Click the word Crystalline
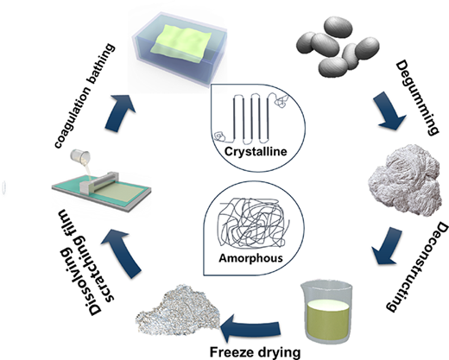pos(256,151)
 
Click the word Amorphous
pos(250,257)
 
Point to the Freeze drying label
pos(255,352)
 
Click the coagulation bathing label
pos(85,96)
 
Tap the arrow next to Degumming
pos(390,111)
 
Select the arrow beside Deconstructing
pos(386,246)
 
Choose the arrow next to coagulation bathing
pos(118,112)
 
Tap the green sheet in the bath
pos(181,42)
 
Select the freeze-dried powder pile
pos(179,310)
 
